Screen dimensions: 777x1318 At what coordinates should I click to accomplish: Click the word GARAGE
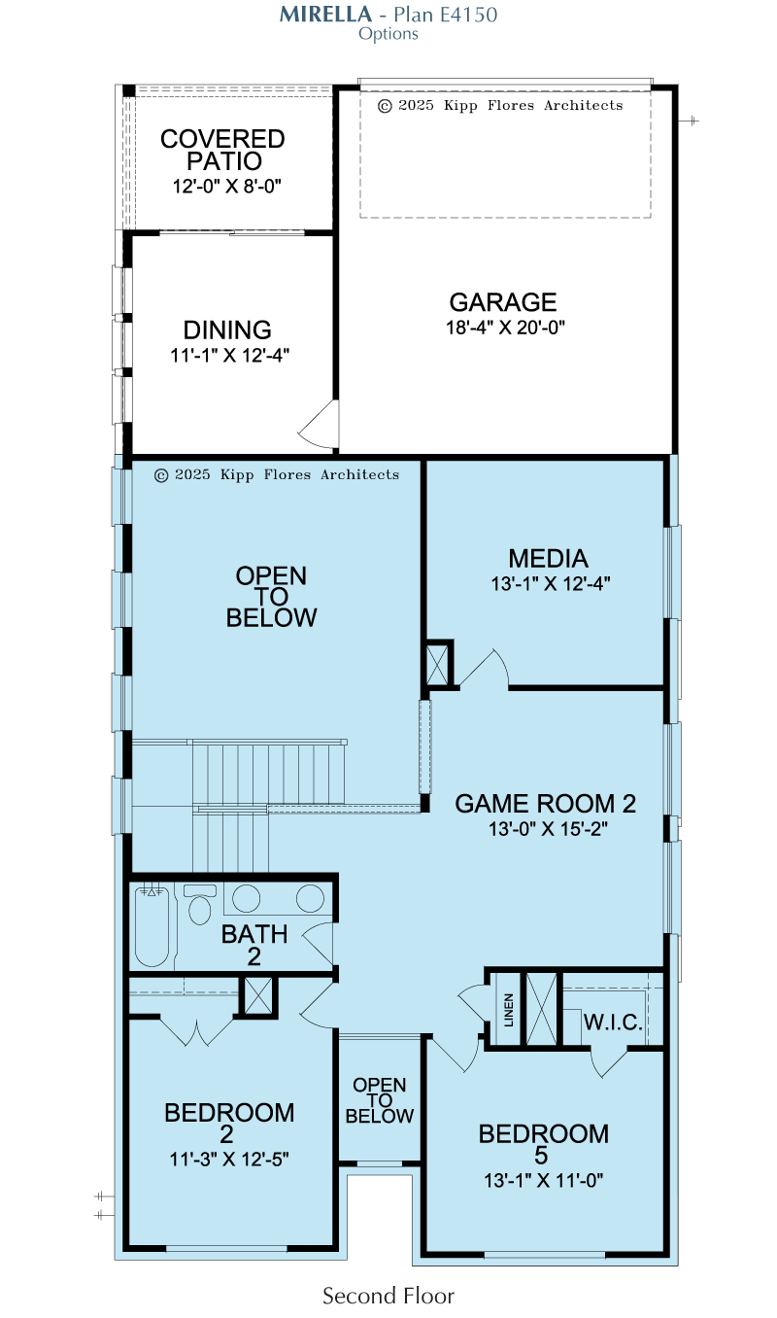click(502, 302)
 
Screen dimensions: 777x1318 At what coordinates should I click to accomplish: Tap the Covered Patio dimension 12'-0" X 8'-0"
click(226, 186)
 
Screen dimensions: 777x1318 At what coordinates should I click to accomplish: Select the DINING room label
click(227, 330)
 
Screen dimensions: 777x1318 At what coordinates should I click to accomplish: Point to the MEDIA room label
click(548, 558)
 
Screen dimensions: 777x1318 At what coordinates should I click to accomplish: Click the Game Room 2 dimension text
click(548, 828)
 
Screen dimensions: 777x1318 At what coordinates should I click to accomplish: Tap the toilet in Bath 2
click(200, 904)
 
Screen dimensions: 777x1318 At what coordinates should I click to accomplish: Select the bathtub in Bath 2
click(152, 926)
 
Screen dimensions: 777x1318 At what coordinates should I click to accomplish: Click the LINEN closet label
click(508, 1010)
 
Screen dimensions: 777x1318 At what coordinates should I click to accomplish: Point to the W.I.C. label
click(613, 1023)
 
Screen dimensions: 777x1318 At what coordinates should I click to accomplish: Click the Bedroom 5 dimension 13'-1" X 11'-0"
click(544, 1180)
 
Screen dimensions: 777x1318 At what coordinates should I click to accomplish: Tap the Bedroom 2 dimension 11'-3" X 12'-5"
click(229, 1160)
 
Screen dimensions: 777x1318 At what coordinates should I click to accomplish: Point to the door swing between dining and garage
click(319, 425)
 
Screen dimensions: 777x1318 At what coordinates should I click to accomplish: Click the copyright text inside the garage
click(500, 105)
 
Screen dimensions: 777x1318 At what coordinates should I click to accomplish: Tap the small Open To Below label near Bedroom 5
click(380, 1100)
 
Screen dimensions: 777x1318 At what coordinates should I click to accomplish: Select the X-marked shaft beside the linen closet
click(541, 1009)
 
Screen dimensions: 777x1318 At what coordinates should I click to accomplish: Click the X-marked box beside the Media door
click(437, 665)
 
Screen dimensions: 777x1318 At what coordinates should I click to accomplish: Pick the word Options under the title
click(388, 34)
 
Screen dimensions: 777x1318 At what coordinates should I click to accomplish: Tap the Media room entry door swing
click(484, 669)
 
